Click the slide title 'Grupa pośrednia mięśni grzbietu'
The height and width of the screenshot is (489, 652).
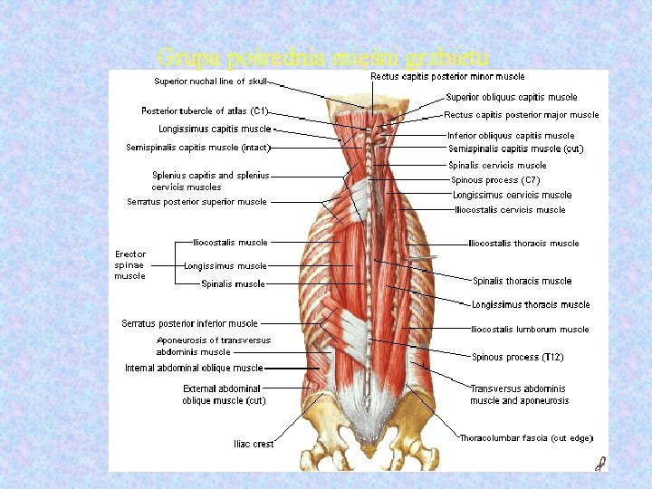pos(323,59)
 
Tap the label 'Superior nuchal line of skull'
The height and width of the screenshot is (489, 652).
pos(210,81)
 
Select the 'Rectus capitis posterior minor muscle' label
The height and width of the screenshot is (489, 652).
pos(447,77)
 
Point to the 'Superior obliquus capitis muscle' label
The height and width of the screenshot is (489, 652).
pos(511,98)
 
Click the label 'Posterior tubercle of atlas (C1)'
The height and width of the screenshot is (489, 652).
pos(205,111)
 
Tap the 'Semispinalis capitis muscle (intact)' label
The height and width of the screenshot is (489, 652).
pos(198,148)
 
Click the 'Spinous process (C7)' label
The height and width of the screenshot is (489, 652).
pos(495,180)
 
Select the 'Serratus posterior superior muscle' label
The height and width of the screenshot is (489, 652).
pos(197,202)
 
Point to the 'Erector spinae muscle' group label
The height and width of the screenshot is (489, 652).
pos(129,265)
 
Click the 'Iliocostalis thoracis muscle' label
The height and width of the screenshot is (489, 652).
pos(523,244)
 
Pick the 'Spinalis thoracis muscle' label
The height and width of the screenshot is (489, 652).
pos(522,281)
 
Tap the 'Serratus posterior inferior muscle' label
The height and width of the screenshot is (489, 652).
pos(189,323)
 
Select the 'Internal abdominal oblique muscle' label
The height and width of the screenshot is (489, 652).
pos(194,369)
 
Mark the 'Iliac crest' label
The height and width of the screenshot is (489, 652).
pos(254,444)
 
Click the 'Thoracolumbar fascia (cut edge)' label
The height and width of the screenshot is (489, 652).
pos(526,438)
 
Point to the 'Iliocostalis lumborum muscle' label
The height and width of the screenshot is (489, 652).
pos(530,330)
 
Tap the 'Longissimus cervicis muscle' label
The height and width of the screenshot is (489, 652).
pos(512,195)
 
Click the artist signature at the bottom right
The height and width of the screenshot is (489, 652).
pos(599,464)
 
